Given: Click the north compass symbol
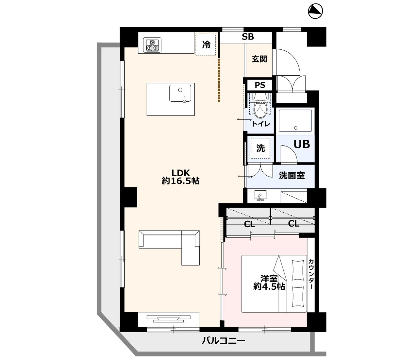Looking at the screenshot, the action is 315,11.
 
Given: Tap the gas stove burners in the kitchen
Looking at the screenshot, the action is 152,45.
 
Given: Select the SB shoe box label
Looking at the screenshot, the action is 248,37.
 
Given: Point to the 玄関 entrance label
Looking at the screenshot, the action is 259,59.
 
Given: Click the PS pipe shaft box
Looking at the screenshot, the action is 260,85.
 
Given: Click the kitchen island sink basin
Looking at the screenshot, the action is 180,93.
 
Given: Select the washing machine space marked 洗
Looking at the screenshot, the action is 260,148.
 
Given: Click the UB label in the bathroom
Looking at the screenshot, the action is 302,144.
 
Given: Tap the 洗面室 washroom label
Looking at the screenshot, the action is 292,176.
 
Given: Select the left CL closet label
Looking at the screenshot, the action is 249,224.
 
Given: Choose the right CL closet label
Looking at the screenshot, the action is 293,224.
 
